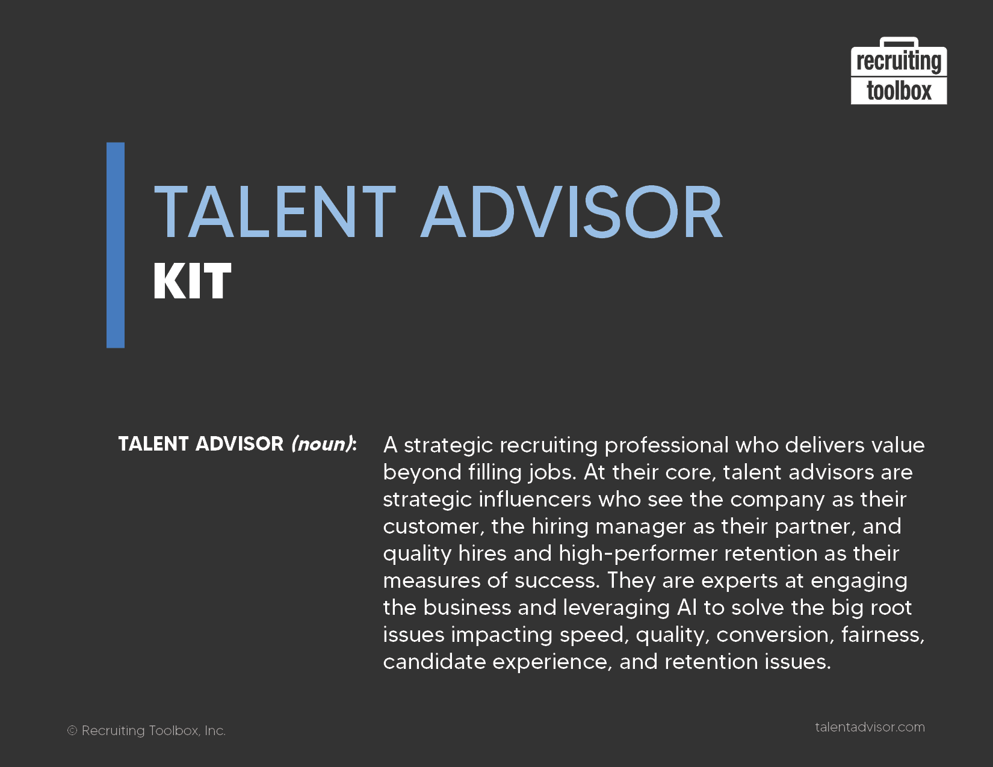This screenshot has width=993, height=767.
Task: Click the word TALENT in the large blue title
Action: click(274, 212)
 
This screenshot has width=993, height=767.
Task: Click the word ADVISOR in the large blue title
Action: click(572, 212)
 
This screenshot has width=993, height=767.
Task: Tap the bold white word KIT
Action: click(192, 281)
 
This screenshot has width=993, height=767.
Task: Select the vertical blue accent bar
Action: click(116, 245)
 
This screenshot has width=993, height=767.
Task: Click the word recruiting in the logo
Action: click(899, 62)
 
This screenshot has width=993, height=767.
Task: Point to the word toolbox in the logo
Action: click(899, 91)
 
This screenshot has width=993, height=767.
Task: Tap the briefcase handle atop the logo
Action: click(899, 42)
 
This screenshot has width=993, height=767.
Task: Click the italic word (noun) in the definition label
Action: click(323, 444)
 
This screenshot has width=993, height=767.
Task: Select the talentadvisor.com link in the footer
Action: click(870, 727)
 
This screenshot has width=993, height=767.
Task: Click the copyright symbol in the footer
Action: click(72, 731)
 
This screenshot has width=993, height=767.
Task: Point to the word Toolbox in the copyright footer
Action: click(175, 731)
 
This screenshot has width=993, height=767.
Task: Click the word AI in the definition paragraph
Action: click(687, 608)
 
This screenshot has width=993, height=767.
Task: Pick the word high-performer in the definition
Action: click(638, 554)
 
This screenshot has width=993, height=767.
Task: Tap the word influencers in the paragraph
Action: click(535, 499)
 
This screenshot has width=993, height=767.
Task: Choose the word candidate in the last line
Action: click(434, 662)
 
